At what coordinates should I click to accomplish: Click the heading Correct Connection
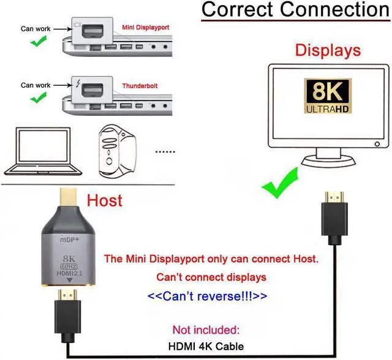coord(295,10)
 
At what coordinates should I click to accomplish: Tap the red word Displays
coord(328,50)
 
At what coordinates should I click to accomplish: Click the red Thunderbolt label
coord(140,86)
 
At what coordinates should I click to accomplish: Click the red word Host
coord(104,200)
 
